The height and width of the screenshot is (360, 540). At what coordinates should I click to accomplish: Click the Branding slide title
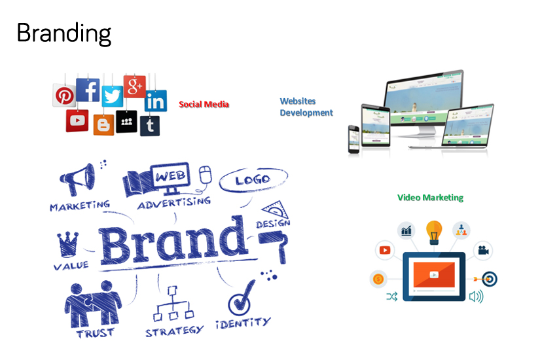[63, 34]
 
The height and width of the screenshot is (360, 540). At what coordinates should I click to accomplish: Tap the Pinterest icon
[64, 95]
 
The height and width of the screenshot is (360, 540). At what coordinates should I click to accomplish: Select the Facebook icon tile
[88, 90]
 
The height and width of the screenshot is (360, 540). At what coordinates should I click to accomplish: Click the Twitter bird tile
[113, 96]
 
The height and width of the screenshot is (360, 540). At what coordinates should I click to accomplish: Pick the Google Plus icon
[135, 86]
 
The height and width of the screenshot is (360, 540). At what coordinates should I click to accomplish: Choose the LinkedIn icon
[156, 101]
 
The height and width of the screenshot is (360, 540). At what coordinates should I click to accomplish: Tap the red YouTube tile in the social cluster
[77, 120]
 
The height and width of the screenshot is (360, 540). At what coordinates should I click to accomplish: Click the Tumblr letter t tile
[150, 126]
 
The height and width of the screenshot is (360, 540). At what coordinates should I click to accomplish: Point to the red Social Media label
[204, 104]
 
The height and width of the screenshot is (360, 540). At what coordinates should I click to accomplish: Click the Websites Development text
[306, 107]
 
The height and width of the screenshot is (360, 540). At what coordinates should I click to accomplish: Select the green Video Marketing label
[430, 198]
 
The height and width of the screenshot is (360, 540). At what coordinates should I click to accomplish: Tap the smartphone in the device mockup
[353, 139]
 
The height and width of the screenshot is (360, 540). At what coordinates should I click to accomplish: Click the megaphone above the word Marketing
[77, 179]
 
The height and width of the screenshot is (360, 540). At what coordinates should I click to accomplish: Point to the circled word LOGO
[253, 179]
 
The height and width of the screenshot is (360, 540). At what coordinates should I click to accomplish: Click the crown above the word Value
[67, 244]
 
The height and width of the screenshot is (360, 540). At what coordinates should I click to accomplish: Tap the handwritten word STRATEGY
[175, 331]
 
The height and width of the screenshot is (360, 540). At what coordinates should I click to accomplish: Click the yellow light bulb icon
[434, 232]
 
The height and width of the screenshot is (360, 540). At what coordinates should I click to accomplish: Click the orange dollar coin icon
[378, 279]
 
